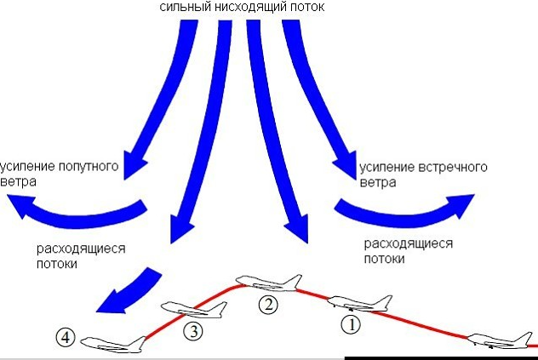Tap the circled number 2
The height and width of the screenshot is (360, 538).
[267, 304]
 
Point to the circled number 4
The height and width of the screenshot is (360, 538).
[66, 338]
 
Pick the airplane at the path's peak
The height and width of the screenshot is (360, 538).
[268, 283]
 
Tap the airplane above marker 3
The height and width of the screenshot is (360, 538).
[195, 310]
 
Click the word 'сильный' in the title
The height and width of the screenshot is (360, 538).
[183, 7]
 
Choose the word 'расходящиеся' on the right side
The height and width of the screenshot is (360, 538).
[408, 243]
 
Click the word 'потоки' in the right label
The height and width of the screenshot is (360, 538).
[382, 257]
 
